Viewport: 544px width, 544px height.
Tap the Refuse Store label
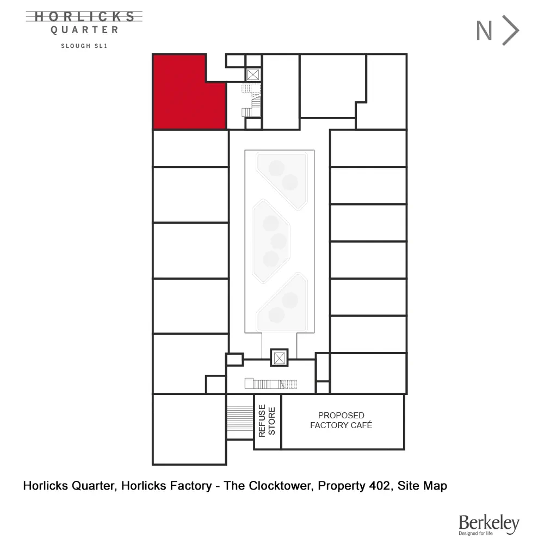point(268,421)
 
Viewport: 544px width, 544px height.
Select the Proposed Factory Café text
point(341,421)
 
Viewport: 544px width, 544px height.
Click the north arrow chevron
point(511,31)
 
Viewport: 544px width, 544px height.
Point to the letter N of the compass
point(484,31)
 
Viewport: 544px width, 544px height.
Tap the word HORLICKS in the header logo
point(84,17)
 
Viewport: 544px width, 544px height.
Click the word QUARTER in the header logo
point(84,30)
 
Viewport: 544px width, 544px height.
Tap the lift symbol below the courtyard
point(279,357)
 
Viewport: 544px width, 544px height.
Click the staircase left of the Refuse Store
point(239,421)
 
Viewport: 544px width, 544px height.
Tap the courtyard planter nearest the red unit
point(283,174)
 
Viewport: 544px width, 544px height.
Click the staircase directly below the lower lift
point(269,384)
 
